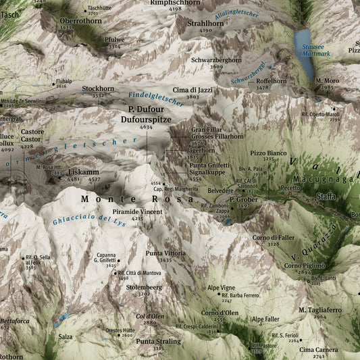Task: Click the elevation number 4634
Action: click(146, 127)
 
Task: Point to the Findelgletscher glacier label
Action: click(155, 98)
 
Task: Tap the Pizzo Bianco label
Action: click(268, 153)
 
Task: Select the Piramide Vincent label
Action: click(137, 211)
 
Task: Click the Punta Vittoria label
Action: click(165, 253)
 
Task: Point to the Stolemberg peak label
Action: click(144, 287)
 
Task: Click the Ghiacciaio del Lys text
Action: click(89, 218)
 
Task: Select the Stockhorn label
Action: click(98, 88)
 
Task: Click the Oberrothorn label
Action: click(80, 21)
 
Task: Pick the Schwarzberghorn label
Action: click(216, 60)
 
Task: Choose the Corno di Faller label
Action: click(274, 237)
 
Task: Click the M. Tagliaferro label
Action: click(320, 309)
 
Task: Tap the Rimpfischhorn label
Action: click(175, 3)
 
